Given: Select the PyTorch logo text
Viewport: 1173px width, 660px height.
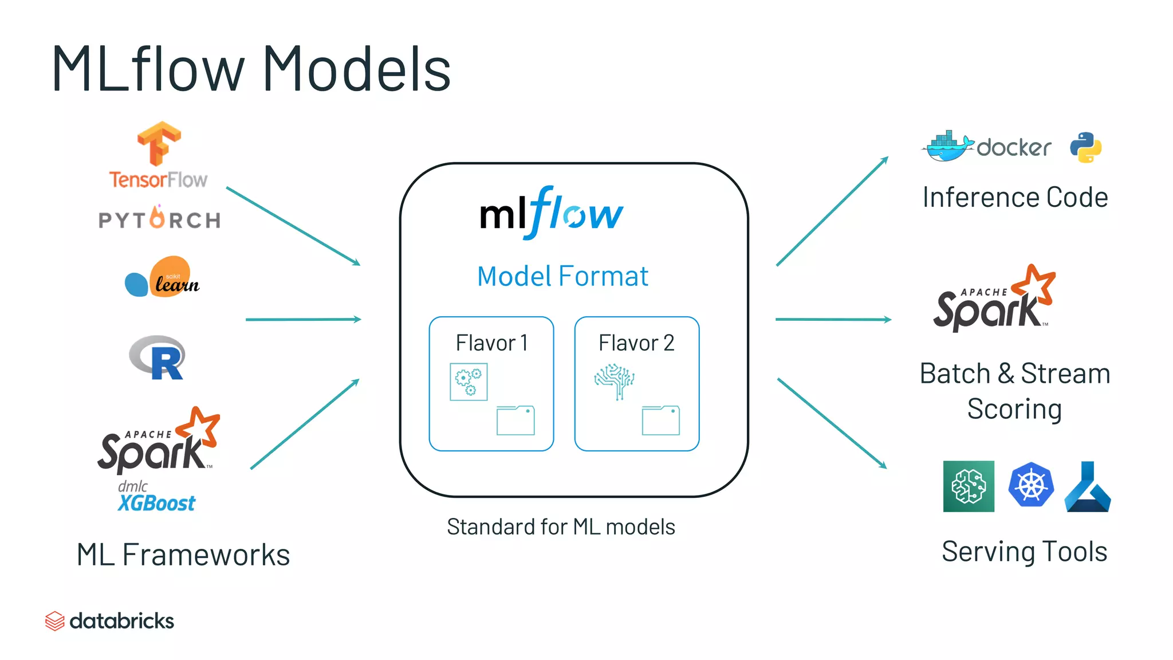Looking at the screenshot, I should tap(160, 219).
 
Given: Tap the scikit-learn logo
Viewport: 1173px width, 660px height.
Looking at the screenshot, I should tap(163, 277).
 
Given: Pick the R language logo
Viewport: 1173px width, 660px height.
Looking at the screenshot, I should tap(158, 357).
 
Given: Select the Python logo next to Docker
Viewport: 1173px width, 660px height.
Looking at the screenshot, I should tap(1085, 147).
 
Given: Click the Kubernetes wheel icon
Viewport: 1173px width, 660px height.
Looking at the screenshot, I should tap(1031, 485).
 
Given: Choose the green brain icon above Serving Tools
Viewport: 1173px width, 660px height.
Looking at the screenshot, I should tap(969, 486).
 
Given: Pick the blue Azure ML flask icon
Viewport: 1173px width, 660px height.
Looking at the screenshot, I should tap(1088, 487).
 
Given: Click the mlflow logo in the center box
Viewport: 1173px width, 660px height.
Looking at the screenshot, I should tap(551, 213).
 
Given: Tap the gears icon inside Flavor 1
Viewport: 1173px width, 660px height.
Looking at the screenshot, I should tap(469, 382).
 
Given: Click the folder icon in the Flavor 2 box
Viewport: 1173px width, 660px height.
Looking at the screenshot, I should tap(661, 421).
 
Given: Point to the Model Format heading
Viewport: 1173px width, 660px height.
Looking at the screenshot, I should tap(562, 276).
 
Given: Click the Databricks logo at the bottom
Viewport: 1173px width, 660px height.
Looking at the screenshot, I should tap(109, 620).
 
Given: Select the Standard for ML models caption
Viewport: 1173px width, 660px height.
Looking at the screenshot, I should tap(561, 527).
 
